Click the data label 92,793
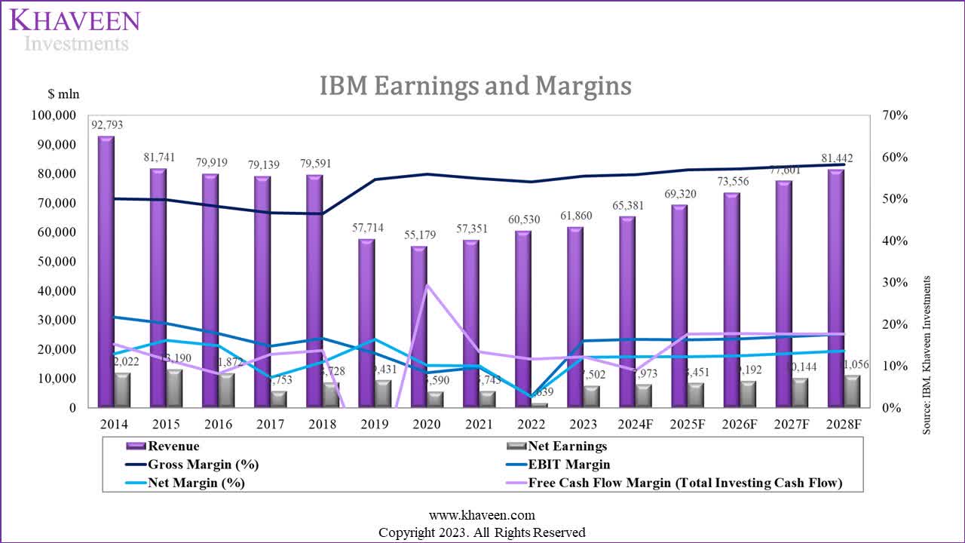(107, 124)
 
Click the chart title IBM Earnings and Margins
(475, 86)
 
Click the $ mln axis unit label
(63, 94)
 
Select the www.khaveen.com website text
(482, 516)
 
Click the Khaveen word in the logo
(75, 19)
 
